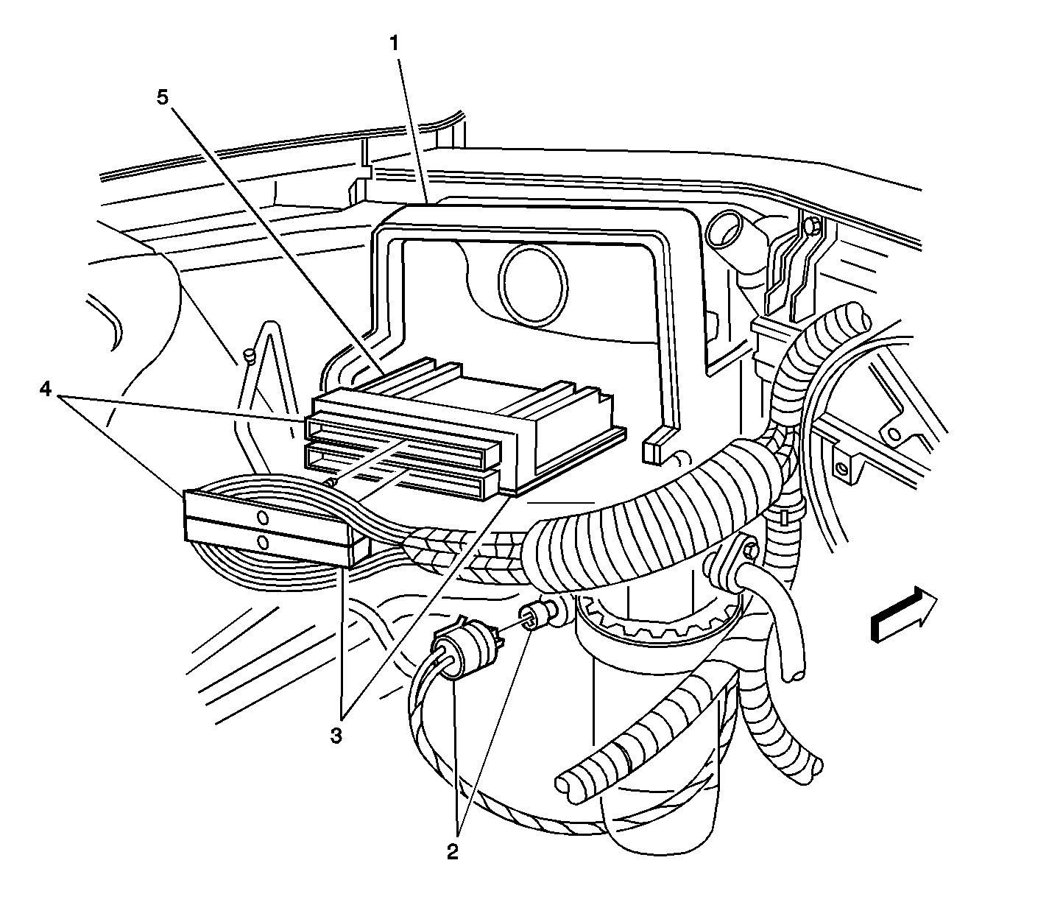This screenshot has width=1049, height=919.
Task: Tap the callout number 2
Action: click(453, 852)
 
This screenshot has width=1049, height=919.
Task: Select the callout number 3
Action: click(336, 736)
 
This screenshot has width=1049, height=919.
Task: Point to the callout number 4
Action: click(46, 390)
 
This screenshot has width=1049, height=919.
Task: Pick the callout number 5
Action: click(163, 96)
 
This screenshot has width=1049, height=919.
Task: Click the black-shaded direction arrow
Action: click(904, 613)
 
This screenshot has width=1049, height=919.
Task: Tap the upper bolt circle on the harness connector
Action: click(263, 518)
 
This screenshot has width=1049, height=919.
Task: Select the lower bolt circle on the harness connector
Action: click(263, 542)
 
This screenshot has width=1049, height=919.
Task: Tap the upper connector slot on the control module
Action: click(403, 444)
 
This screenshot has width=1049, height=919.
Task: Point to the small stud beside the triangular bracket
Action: click(250, 356)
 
